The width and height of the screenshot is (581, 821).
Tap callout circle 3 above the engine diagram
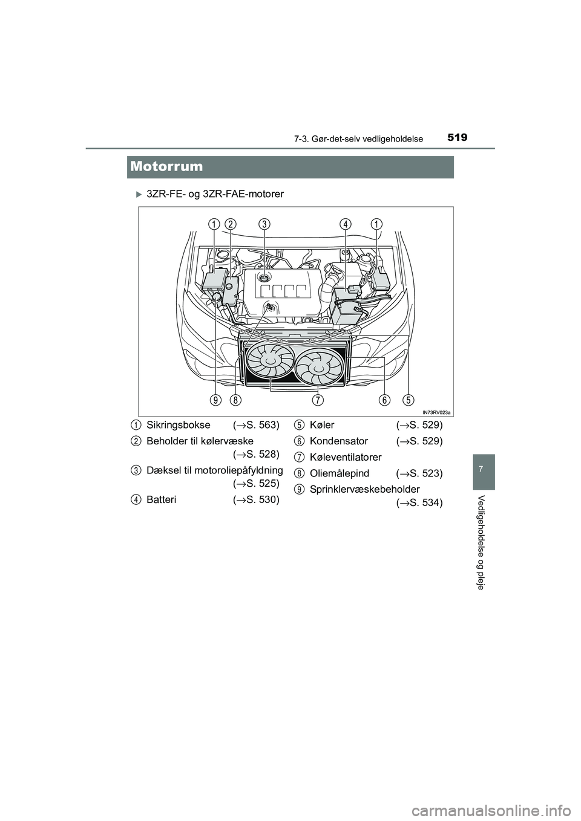264,224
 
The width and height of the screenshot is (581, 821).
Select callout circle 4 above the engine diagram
345,224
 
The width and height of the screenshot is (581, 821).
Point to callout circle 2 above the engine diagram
230,224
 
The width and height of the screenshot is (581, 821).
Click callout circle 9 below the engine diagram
216,400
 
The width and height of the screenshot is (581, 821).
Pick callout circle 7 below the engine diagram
317,400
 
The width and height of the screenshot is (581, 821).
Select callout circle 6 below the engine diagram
385,400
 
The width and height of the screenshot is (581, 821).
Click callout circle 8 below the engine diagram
235,400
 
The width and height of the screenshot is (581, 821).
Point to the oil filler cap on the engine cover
264,276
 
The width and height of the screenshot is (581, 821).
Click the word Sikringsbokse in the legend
179,425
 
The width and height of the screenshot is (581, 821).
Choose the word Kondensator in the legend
338,441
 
